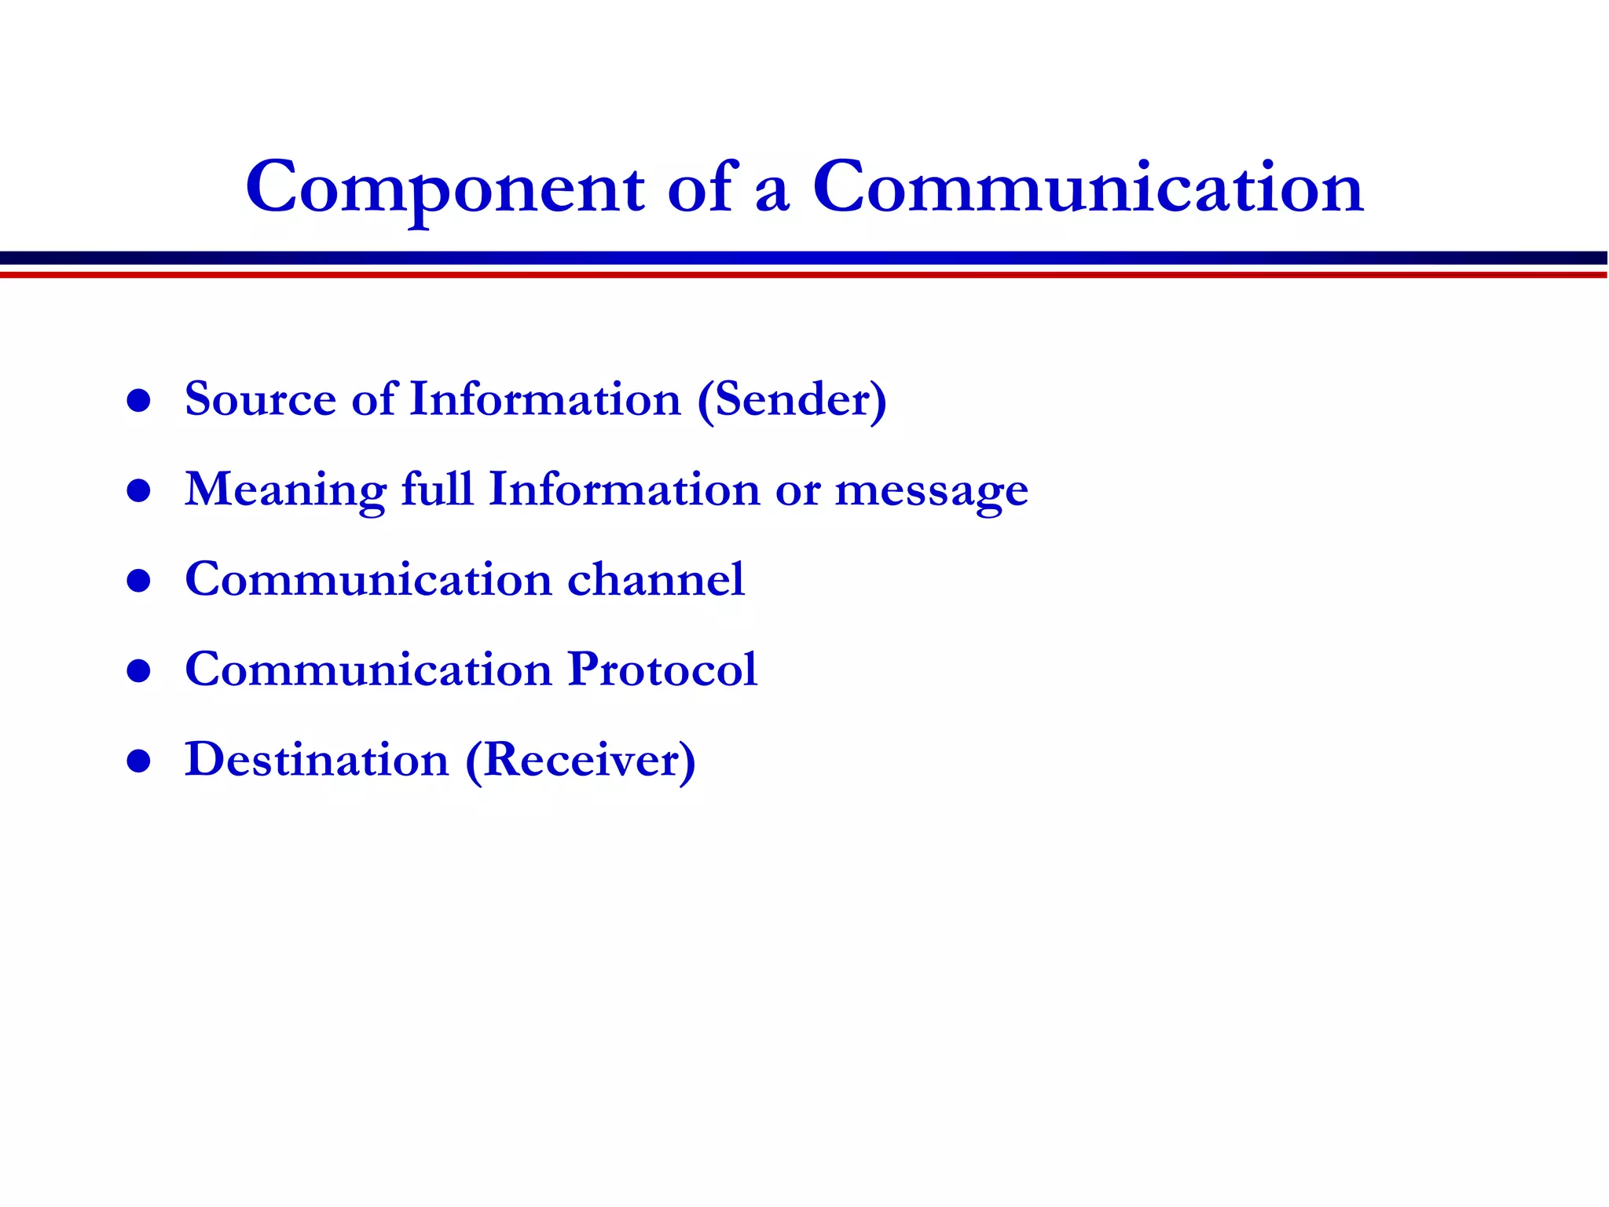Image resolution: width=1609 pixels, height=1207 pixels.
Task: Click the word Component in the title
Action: pos(445,189)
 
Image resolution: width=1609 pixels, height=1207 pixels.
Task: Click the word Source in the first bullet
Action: pos(260,399)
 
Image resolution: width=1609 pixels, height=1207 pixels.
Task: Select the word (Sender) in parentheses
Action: pos(792,401)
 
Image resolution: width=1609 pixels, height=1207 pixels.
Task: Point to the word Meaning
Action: pos(285,490)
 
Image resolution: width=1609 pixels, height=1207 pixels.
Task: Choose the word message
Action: pos(931,492)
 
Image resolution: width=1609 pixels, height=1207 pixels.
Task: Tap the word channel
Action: pos(656,580)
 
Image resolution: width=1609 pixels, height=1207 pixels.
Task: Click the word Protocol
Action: pos(662,670)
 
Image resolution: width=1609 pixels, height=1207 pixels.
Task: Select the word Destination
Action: pos(317,760)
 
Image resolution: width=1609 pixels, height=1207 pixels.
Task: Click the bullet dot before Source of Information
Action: pos(138,401)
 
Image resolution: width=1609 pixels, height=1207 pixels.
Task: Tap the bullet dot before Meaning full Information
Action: pos(138,491)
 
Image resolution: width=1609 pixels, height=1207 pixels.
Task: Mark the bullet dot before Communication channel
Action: pos(138,581)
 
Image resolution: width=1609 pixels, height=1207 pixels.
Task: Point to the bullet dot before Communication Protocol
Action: pos(138,671)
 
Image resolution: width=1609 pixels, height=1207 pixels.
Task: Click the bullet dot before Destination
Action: pos(138,761)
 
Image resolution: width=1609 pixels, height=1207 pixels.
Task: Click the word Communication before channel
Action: pos(368,580)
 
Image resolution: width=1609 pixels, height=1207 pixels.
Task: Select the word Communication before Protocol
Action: pos(368,670)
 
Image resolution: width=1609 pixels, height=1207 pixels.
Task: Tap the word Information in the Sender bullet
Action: pos(545,399)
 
